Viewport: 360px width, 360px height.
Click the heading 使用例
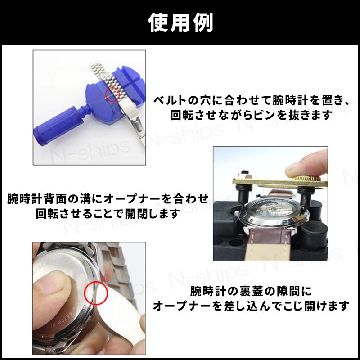coord(180,22)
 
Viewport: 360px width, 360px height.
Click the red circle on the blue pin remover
coord(112,92)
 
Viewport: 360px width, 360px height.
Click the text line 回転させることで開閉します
coord(108,213)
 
